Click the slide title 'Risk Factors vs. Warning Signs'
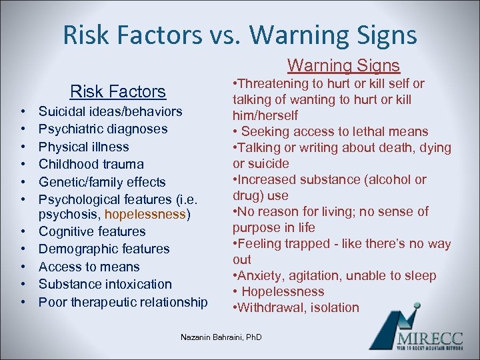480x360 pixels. coord(240,35)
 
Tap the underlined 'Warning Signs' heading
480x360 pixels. coord(343,65)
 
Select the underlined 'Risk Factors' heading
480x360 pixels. coord(118,91)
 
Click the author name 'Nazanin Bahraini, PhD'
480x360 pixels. coord(221,337)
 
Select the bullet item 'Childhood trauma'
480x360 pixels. coord(91,164)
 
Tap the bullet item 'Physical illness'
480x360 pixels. coord(84,147)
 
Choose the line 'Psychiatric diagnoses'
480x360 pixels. coord(103,129)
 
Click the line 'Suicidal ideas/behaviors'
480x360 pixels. coord(110,111)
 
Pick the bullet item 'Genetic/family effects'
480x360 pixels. coord(102,181)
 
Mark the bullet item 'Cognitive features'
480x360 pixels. coord(92,231)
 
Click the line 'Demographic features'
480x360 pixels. coord(104,249)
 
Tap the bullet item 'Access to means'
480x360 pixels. coord(89,267)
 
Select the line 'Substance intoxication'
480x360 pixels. coord(105,284)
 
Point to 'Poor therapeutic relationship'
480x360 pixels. coord(123,302)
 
